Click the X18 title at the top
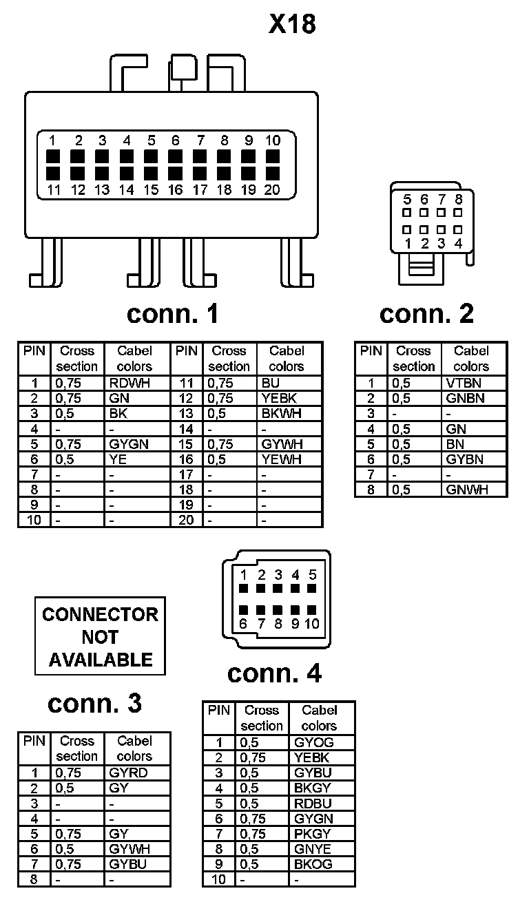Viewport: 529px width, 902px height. pyautogui.click(x=292, y=24)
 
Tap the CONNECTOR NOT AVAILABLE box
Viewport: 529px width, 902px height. pyautogui.click(x=100, y=636)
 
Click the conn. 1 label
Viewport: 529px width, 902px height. pyautogui.click(x=172, y=314)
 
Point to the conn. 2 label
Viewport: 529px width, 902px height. pyautogui.click(x=427, y=314)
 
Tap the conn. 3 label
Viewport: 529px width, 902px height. pyautogui.click(x=94, y=703)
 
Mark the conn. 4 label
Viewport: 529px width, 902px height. pyautogui.click(x=274, y=673)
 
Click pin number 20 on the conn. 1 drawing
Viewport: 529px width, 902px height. pyautogui.click(x=272, y=189)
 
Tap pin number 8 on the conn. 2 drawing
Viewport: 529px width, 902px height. pyautogui.click(x=459, y=199)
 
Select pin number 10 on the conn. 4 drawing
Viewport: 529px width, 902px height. pyautogui.click(x=311, y=624)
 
